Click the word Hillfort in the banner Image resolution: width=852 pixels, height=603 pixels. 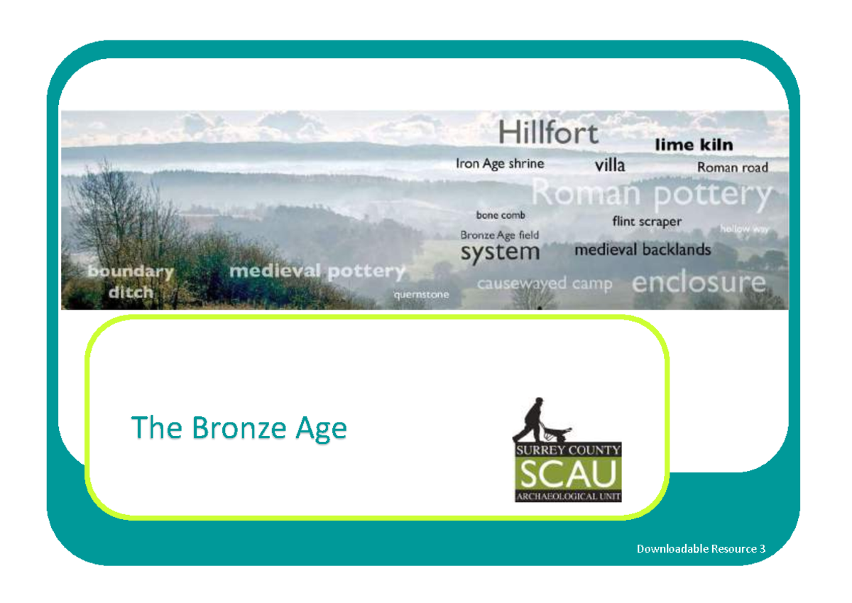(x=548, y=133)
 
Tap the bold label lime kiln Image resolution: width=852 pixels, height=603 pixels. (x=693, y=145)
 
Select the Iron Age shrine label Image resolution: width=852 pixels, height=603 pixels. (x=500, y=164)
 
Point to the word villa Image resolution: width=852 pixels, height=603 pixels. (x=610, y=165)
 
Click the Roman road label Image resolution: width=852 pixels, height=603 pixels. (x=732, y=168)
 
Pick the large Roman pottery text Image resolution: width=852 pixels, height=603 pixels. (x=651, y=194)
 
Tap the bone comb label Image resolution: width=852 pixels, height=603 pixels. (x=501, y=214)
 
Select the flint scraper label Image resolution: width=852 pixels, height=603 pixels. (x=646, y=222)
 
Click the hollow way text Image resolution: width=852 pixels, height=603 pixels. (x=743, y=229)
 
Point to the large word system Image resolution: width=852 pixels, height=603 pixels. (x=500, y=252)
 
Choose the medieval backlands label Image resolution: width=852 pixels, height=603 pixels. (x=642, y=250)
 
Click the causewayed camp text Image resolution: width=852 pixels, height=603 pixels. (x=544, y=284)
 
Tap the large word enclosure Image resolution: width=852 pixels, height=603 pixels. (x=699, y=283)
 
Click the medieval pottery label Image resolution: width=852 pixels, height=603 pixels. (x=317, y=271)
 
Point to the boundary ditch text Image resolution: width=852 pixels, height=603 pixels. (x=131, y=281)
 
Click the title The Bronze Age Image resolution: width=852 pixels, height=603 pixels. (x=239, y=428)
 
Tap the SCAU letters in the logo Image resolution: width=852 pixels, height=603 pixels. (x=568, y=474)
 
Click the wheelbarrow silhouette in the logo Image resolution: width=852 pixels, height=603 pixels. (x=558, y=430)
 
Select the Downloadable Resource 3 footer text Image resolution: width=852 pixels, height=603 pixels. (x=701, y=548)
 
